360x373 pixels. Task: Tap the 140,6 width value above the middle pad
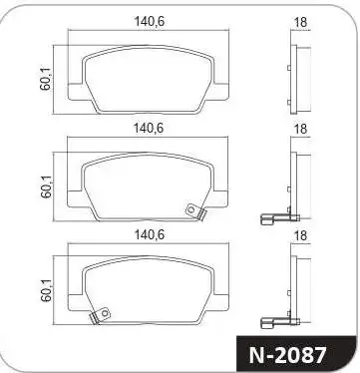click(149, 127)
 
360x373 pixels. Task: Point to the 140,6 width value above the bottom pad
click(149, 235)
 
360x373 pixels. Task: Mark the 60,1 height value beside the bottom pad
click(44, 290)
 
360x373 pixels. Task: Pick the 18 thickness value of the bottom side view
click(299, 235)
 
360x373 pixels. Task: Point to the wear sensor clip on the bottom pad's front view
click(99, 316)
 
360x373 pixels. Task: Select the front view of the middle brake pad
click(149, 183)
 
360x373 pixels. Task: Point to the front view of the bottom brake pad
click(149, 289)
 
